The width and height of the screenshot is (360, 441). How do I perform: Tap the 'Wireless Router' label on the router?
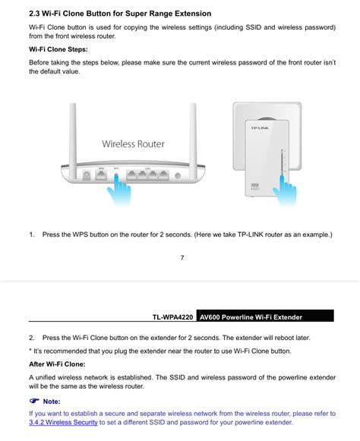click(x=133, y=143)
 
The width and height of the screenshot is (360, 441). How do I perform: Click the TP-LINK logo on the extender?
click(x=260, y=128)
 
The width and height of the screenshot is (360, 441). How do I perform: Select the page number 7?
click(x=182, y=257)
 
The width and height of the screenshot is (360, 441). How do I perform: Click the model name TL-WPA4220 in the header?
click(x=172, y=317)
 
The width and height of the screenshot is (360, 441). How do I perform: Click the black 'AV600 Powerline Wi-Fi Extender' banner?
click(x=264, y=317)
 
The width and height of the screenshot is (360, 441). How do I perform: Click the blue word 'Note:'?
click(x=52, y=401)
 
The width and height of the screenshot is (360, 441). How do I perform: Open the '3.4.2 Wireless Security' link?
click(x=63, y=422)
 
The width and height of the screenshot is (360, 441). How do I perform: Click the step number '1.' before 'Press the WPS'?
click(x=32, y=235)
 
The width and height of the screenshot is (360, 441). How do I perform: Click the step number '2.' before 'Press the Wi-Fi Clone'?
click(x=32, y=337)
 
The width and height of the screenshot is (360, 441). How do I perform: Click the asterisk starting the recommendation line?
click(x=30, y=351)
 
